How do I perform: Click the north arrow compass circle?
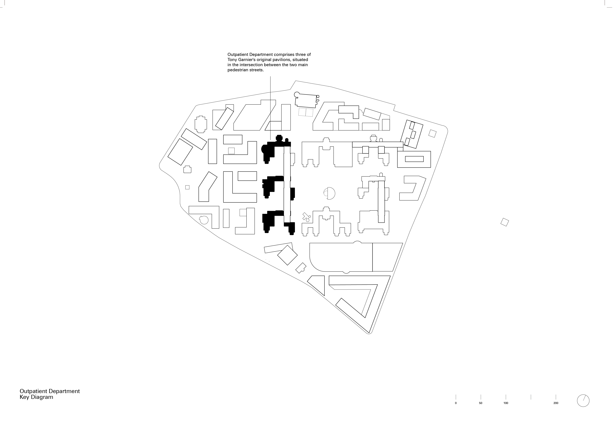583,408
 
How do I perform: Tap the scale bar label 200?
556,410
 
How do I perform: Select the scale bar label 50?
481,410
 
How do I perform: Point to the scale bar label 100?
506,410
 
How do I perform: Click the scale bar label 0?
456,410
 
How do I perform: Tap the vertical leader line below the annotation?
270,106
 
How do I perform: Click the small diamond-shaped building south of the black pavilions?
287,255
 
